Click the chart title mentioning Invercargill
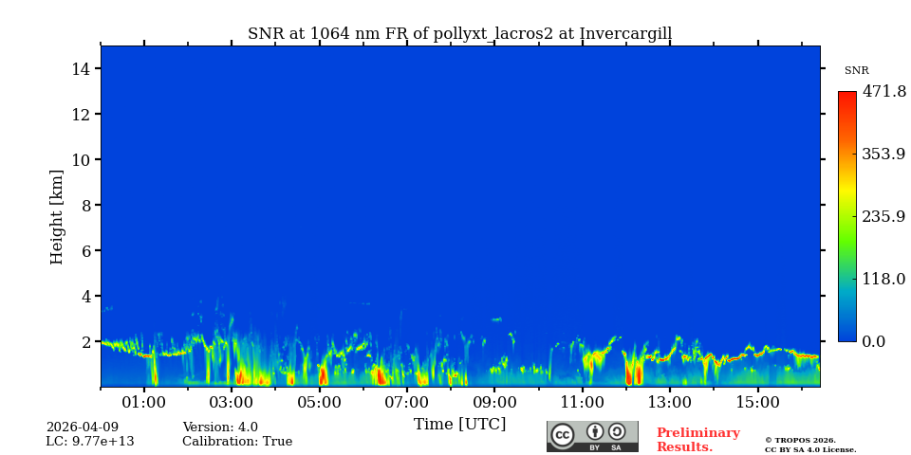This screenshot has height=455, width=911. [459, 34]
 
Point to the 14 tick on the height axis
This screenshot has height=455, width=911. [81, 69]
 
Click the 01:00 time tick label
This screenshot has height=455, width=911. [144, 403]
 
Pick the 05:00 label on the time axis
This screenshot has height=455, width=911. [320, 403]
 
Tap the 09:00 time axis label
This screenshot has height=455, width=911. [494, 403]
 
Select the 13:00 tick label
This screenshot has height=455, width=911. [670, 403]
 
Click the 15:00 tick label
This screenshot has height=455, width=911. [757, 403]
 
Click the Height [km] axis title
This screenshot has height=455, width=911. [57, 216]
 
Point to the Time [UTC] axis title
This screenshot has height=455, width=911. [459, 425]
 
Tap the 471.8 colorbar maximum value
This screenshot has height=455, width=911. [883, 92]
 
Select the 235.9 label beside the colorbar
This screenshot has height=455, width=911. [883, 216]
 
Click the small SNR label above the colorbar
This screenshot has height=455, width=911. [856, 71]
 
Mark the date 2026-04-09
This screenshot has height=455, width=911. [83, 428]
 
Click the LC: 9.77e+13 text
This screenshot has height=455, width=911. [90, 442]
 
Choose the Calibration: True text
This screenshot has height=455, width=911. [237, 442]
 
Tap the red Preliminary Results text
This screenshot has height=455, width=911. [697, 440]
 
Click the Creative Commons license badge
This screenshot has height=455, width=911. [592, 436]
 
